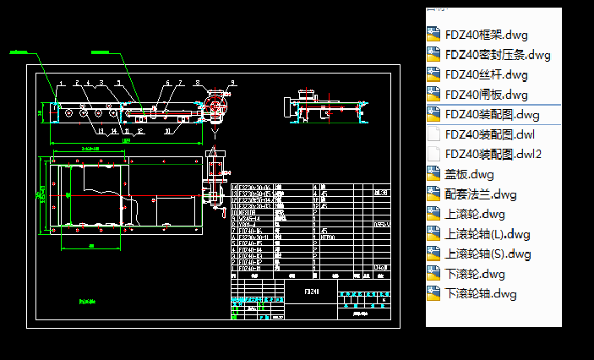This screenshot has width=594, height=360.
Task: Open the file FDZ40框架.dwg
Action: (x=486, y=35)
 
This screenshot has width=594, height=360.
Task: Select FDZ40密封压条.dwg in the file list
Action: (x=497, y=55)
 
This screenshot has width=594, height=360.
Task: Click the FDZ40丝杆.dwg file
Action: (x=486, y=74)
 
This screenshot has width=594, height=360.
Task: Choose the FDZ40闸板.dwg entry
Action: (x=486, y=95)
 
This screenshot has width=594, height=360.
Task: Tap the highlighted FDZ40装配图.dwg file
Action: (x=492, y=114)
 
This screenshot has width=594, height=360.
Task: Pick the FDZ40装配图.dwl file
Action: (x=489, y=134)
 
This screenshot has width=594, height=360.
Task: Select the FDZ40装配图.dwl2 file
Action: (x=493, y=154)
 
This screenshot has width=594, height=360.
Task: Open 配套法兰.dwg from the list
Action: (x=481, y=194)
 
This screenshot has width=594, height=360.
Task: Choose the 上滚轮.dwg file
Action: (x=475, y=214)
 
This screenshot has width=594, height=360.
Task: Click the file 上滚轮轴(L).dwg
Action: (x=488, y=234)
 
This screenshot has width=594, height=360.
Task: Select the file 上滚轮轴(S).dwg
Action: (x=488, y=254)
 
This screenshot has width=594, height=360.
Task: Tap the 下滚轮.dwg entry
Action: (x=475, y=274)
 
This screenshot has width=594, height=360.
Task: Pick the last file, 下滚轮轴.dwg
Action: (x=481, y=294)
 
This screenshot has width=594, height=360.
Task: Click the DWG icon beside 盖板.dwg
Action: (x=434, y=174)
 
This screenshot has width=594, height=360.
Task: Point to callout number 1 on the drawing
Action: (x=60, y=83)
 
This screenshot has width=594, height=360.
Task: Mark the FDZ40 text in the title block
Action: (x=312, y=291)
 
